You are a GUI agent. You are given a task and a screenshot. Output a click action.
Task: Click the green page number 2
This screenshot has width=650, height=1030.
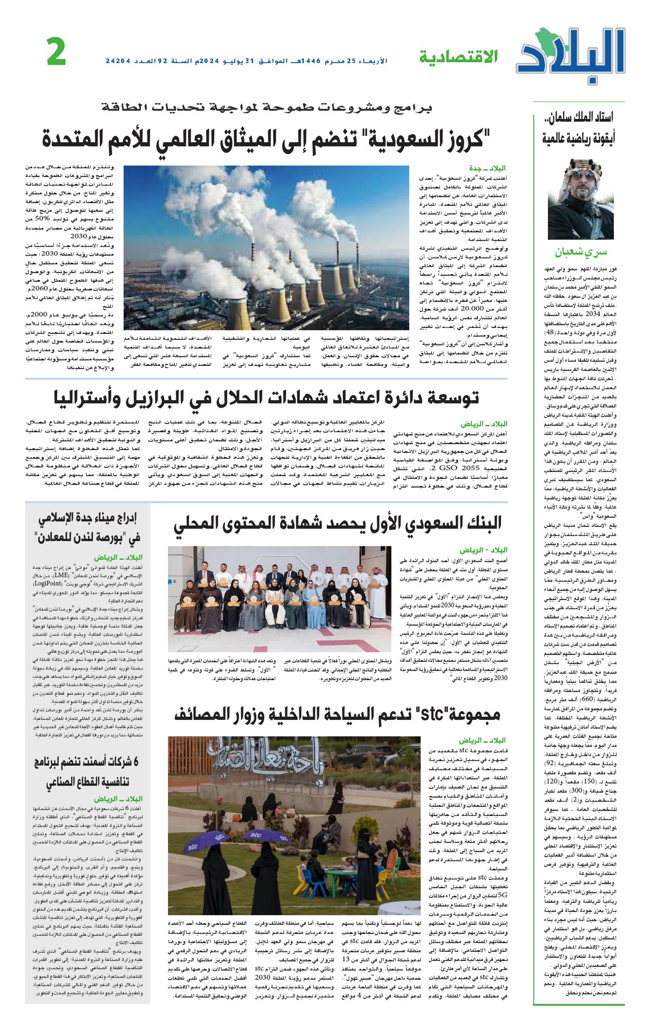[56, 53]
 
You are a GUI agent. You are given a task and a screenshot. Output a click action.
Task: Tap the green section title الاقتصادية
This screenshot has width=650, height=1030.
[458, 58]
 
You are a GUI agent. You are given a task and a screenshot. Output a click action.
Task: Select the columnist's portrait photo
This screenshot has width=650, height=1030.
[580, 199]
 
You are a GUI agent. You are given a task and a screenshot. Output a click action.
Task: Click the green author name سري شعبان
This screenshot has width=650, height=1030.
[580, 252]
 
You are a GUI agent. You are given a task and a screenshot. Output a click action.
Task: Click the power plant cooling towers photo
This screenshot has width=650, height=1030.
[266, 247]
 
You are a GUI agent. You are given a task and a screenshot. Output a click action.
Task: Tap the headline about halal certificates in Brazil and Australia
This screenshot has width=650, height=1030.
[266, 398]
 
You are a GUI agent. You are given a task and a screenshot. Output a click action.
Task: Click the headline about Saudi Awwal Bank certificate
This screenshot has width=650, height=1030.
[337, 524]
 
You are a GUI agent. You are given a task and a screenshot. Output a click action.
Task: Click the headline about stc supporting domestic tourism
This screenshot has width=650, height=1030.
[337, 714]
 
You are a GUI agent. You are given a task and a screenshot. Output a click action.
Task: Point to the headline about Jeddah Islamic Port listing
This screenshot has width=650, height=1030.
[87, 528]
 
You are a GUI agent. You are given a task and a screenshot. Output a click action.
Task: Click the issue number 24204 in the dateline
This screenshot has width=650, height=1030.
[118, 61]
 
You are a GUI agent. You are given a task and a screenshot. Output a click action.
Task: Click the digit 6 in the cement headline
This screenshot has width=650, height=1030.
[133, 762]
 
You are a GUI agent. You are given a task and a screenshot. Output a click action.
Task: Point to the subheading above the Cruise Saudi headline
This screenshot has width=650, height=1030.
[266, 108]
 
